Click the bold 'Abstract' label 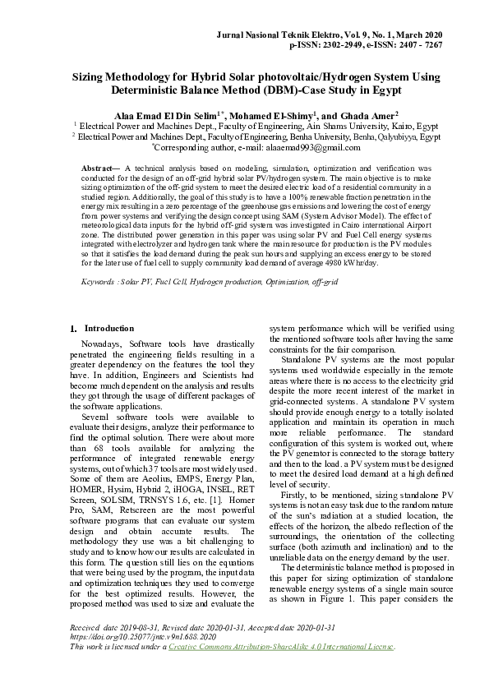99,168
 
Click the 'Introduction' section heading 108,329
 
